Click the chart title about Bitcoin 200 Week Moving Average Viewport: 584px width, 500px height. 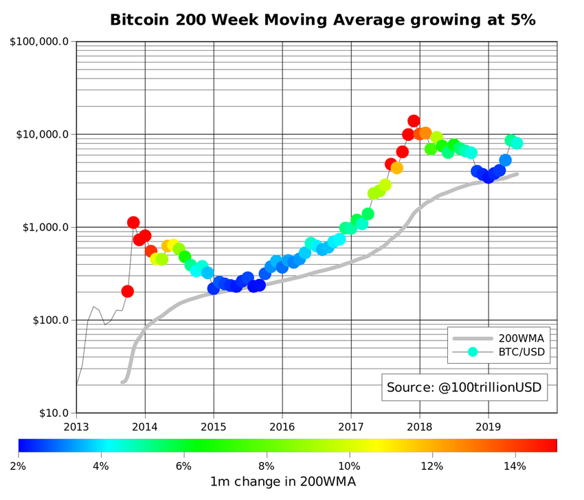pyautogui.click(x=322, y=20)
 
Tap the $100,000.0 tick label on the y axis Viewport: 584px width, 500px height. pyautogui.click(x=39, y=41)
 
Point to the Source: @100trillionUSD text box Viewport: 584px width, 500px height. pyautogui.click(x=464, y=387)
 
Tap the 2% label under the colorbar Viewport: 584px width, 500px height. pyautogui.click(x=19, y=466)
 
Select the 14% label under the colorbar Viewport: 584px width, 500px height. pyautogui.click(x=515, y=466)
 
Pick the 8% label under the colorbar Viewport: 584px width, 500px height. pyautogui.click(x=267, y=466)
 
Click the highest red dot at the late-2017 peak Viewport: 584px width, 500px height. pyautogui.click(x=414, y=121)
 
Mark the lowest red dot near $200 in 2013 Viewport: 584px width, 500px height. pyautogui.click(x=127, y=292)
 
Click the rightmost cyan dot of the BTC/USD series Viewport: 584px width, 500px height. pyautogui.click(x=517, y=143)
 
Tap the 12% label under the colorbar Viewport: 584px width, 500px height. pyautogui.click(x=432, y=466)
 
